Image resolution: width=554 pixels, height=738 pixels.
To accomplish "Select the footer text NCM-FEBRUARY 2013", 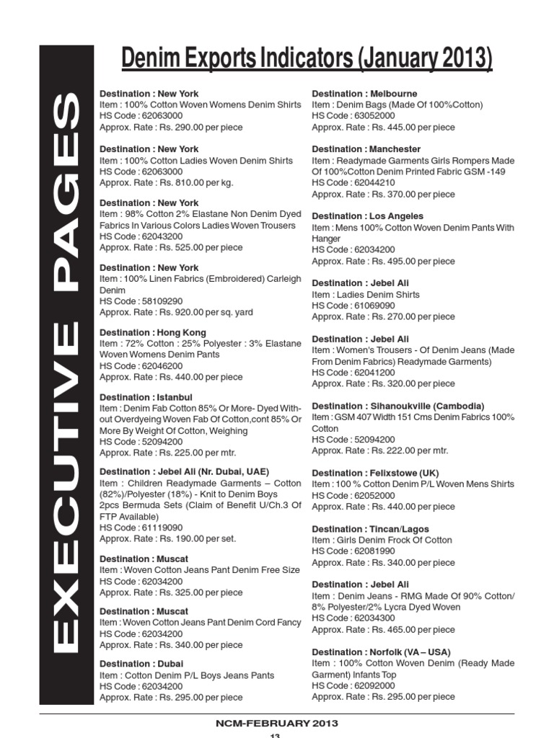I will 277,723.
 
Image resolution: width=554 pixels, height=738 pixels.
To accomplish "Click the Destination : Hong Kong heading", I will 153,332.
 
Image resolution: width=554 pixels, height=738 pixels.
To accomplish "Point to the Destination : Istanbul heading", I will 146,397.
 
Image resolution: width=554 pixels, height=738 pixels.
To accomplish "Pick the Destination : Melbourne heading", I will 364,94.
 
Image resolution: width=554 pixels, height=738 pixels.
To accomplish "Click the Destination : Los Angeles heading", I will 367,216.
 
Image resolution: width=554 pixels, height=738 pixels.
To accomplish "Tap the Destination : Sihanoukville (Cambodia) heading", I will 397,406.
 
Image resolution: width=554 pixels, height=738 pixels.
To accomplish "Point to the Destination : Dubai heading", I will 141,664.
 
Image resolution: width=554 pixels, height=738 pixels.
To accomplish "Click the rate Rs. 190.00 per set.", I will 167,538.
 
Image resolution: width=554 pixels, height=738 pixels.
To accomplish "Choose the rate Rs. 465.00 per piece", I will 383,629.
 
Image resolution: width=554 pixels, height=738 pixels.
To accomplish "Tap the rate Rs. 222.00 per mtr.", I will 379,450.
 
